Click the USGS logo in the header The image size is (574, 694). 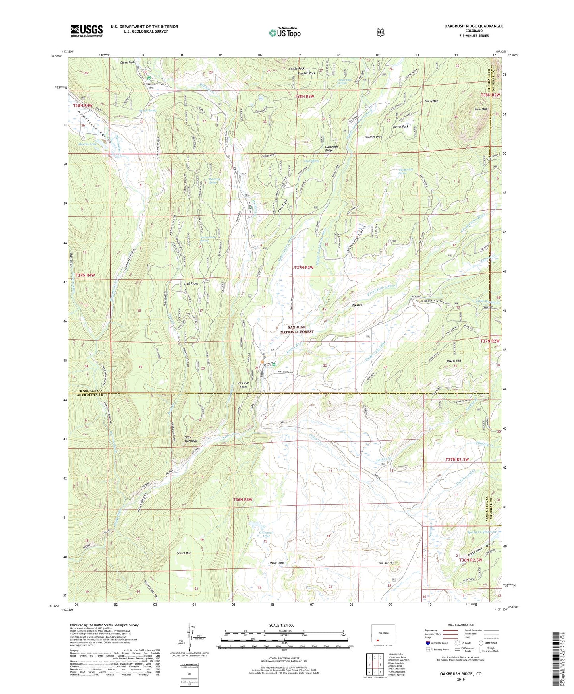[87, 31]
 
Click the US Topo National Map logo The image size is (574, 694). [284, 32]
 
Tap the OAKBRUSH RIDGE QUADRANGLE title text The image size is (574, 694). [474, 26]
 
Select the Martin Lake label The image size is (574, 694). [87, 144]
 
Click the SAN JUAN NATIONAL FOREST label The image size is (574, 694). [297, 329]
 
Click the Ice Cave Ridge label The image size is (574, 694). [243, 385]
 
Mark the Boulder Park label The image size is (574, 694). [373, 137]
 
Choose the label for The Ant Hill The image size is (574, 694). [386, 563]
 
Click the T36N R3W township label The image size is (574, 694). [243, 499]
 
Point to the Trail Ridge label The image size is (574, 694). [191, 284]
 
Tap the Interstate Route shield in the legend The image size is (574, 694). [427, 643]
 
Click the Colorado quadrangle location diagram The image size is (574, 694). [381, 634]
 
